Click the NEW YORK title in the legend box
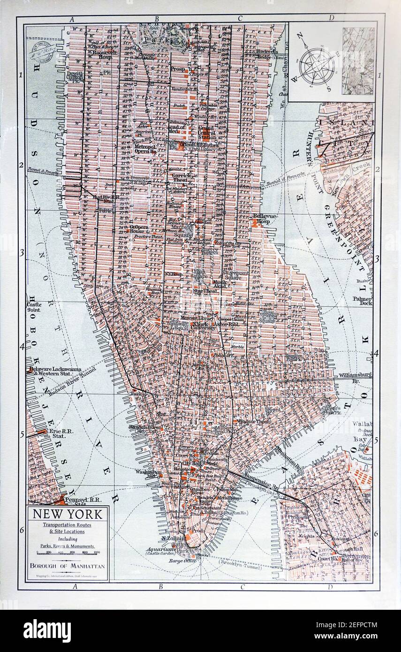pos(67,514)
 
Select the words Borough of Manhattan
pos(68,566)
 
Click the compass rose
pos(317,66)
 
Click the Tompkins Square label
pos(268,316)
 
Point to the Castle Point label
pos(34,307)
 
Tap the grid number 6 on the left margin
pos(21,530)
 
